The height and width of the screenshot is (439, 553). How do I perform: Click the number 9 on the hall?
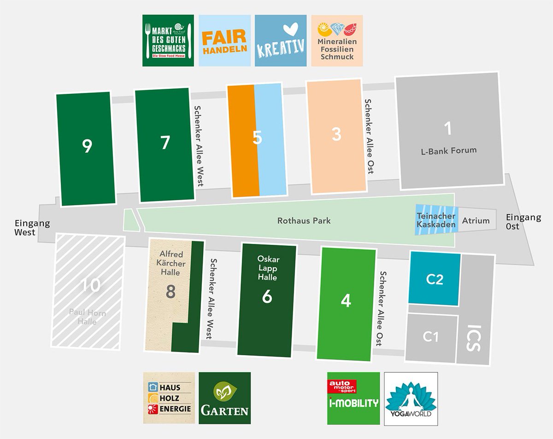(x=87, y=146)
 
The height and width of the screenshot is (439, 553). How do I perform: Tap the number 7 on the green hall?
(x=165, y=143)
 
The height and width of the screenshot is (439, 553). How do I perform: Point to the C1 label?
(x=430, y=337)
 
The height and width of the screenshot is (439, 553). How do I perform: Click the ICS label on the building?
(x=476, y=339)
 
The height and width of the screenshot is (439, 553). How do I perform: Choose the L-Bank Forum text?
(x=448, y=150)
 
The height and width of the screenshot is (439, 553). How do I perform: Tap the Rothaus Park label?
(x=304, y=221)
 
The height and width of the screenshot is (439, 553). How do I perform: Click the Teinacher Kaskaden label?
(x=436, y=220)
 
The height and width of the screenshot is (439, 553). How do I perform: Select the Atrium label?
(x=476, y=220)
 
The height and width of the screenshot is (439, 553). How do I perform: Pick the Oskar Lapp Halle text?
(x=268, y=269)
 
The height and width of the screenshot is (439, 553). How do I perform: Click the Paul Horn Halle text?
(x=87, y=318)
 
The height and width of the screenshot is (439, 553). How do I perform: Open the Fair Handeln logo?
(x=225, y=41)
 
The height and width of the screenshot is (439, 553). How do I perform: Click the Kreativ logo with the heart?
(x=280, y=41)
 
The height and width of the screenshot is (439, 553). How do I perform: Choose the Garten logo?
(x=224, y=399)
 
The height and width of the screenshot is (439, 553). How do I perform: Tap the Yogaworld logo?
(x=411, y=399)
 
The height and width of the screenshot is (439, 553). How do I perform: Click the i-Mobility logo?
(x=353, y=399)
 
